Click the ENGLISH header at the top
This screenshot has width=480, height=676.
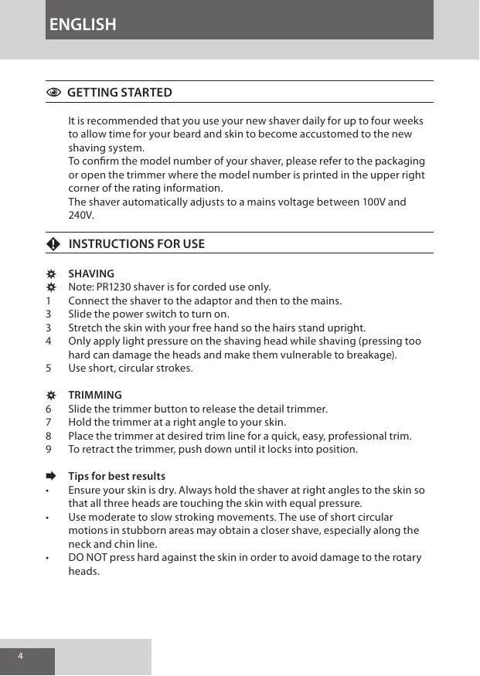(83, 25)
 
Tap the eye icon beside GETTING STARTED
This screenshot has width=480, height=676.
(53, 93)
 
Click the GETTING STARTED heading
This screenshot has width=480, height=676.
(120, 93)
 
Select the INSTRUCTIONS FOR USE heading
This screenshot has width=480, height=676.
(137, 244)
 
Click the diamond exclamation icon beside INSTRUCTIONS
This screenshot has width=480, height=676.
(53, 244)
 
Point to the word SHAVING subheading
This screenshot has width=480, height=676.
(91, 274)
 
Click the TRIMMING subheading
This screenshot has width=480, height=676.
(95, 395)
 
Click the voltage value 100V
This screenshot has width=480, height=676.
(374, 202)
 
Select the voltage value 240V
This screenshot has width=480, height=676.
(80, 216)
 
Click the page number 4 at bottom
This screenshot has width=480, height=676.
(21, 656)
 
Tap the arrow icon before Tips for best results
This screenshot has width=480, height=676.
(51, 476)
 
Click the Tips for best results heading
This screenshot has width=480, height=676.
(117, 476)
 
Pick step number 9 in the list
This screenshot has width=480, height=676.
(49, 449)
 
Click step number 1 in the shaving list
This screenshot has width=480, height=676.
(49, 301)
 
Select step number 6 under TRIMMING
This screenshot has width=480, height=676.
(49, 409)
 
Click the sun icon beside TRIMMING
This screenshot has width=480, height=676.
(51, 395)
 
